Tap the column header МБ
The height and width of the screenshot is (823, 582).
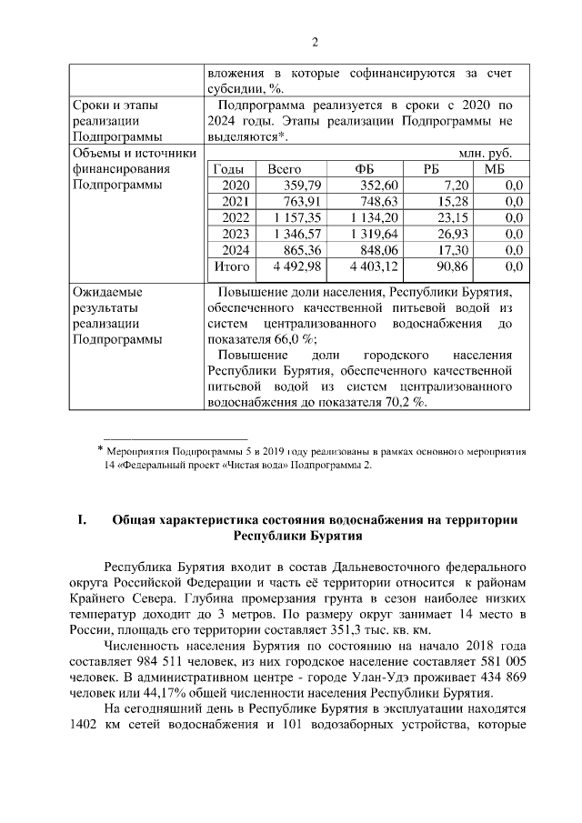pos(494,169)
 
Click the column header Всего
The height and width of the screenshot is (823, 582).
pos(284,169)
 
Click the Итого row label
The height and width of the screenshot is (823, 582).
pos(231,266)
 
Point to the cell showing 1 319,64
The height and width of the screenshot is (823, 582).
pos(374,234)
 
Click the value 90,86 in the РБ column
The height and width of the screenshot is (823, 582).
pos(452,266)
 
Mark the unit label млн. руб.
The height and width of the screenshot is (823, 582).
pos(491,154)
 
